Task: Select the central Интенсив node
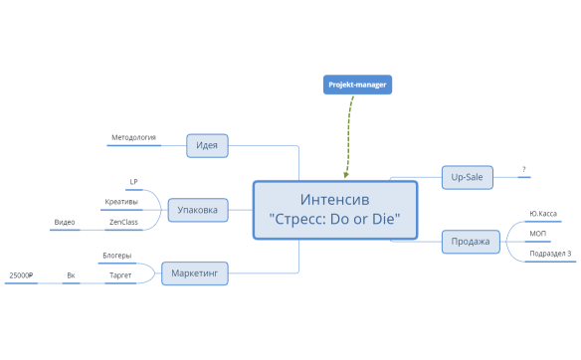tap(334, 210)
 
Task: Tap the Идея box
tap(207, 146)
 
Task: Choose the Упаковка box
tap(198, 210)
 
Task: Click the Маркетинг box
tap(195, 272)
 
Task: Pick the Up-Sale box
tap(467, 177)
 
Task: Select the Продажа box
tap(471, 241)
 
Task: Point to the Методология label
tap(133, 137)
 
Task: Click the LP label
tap(133, 181)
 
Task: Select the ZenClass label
tap(123, 222)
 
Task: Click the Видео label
tap(65, 222)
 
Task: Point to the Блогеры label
tap(116, 256)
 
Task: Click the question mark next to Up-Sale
tap(523, 169)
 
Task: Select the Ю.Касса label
tap(542, 213)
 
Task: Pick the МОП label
tap(538, 233)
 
